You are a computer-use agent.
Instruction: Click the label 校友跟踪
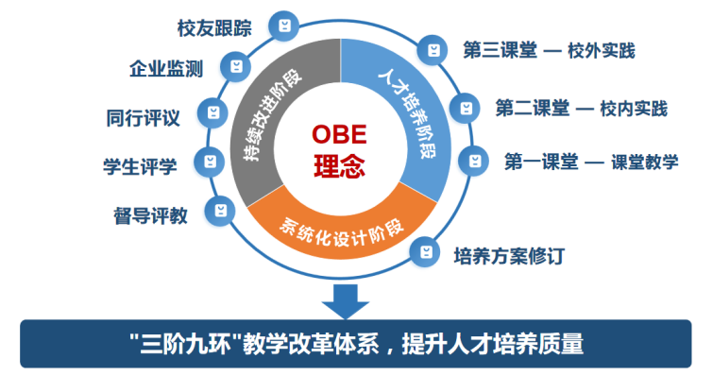pyautogui.click(x=214, y=28)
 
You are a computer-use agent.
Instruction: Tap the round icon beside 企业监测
pyautogui.click(x=236, y=67)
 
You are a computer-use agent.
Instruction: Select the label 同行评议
pyautogui.click(x=144, y=118)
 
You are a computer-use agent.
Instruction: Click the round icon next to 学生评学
pyautogui.click(x=210, y=162)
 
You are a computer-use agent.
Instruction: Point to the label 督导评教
pyautogui.click(x=150, y=215)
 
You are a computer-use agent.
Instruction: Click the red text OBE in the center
pyautogui.click(x=339, y=134)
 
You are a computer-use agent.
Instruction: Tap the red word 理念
pyautogui.click(x=339, y=166)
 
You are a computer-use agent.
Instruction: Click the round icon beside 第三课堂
pyautogui.click(x=433, y=50)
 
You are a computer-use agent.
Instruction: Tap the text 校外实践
pyautogui.click(x=602, y=50)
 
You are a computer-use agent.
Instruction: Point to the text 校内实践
pyautogui.click(x=634, y=110)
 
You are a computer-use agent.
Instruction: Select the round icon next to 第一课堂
pyautogui.click(x=474, y=161)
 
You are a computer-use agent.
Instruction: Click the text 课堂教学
pyautogui.click(x=644, y=162)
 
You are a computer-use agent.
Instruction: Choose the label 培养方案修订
pyautogui.click(x=509, y=256)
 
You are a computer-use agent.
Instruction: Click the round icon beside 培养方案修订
pyautogui.click(x=425, y=252)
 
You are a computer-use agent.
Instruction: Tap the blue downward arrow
pyautogui.click(x=346, y=301)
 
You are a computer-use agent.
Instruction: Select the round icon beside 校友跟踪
pyautogui.click(x=284, y=26)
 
